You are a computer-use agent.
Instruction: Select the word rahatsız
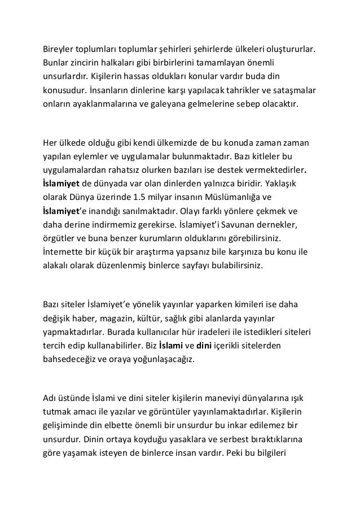(x=131, y=169)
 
